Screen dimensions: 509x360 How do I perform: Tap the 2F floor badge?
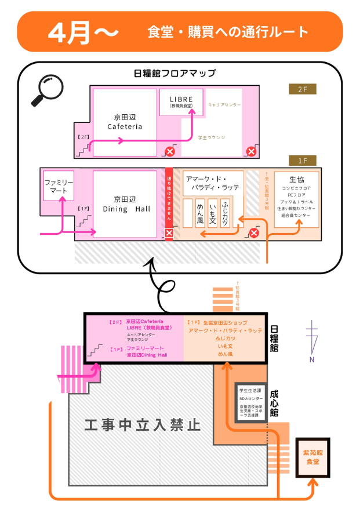point(303,89)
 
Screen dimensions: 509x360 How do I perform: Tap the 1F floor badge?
point(303,160)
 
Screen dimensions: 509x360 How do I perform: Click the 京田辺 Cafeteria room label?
point(125,122)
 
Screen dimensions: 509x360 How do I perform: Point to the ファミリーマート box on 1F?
point(59,186)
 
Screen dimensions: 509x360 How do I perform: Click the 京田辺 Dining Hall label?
point(125,203)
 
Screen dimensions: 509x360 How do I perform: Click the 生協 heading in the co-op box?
point(296,179)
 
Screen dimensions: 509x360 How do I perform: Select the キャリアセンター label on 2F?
point(224,104)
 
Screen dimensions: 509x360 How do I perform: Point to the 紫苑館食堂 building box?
point(312,457)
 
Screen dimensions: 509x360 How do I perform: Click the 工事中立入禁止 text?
point(143,426)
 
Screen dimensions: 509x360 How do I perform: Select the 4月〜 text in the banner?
point(83,32)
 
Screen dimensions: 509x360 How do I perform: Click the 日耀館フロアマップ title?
point(174,74)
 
